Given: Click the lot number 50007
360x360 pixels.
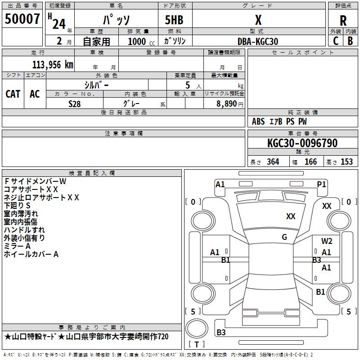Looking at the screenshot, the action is coord(22,19).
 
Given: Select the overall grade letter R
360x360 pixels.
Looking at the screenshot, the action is coord(343,21).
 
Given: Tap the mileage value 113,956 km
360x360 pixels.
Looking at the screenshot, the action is coord(53,65).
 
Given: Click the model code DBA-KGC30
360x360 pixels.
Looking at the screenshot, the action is coord(258,41).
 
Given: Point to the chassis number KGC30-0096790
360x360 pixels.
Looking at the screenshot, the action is coord(302,143).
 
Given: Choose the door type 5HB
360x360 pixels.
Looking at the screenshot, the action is coord(174,20).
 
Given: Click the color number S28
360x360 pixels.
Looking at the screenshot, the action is coord(75,104).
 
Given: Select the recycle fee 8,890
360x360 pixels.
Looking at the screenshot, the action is coord(227,103).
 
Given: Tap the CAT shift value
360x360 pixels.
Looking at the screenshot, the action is coord(13,94).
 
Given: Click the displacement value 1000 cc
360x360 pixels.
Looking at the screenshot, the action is coord(141,41).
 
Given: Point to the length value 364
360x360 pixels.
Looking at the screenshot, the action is coord(273,162).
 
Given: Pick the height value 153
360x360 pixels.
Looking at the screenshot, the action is coord(346,162).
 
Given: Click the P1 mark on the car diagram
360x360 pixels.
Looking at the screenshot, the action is coord(321,184).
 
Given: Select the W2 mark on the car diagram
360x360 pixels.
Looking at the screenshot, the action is coord(327,241).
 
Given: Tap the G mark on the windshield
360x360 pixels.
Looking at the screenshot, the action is coord(284,237).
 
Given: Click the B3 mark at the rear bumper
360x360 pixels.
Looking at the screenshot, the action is coord(221,332).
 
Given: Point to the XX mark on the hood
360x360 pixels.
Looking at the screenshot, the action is coord(291,216).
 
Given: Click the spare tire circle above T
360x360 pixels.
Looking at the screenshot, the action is coord(197,328).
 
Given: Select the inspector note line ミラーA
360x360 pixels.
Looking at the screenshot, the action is coord(17,246).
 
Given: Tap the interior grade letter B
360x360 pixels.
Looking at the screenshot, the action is coord(350,41).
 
